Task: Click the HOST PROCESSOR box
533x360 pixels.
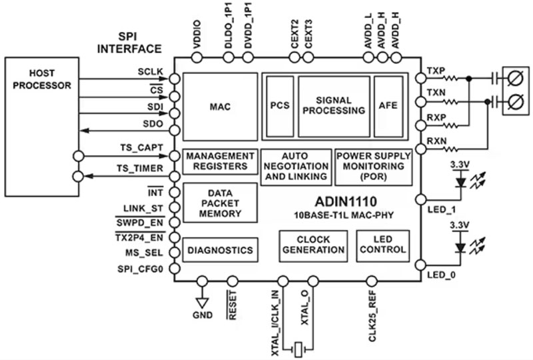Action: [42, 127]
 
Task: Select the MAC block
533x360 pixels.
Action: [221, 105]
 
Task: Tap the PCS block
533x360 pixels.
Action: [279, 105]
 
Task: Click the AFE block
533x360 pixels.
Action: [388, 105]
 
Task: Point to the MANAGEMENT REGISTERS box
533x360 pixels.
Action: [221, 161]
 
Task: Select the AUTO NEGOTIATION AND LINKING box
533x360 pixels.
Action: [296, 166]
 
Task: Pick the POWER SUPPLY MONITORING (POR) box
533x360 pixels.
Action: [373, 166]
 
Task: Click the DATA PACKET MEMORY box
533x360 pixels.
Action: [221, 203]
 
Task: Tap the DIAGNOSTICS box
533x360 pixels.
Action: [221, 250]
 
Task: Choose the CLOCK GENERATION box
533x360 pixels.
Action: [313, 245]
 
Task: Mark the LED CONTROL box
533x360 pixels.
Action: [382, 245]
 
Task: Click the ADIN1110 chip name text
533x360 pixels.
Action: [346, 201]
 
